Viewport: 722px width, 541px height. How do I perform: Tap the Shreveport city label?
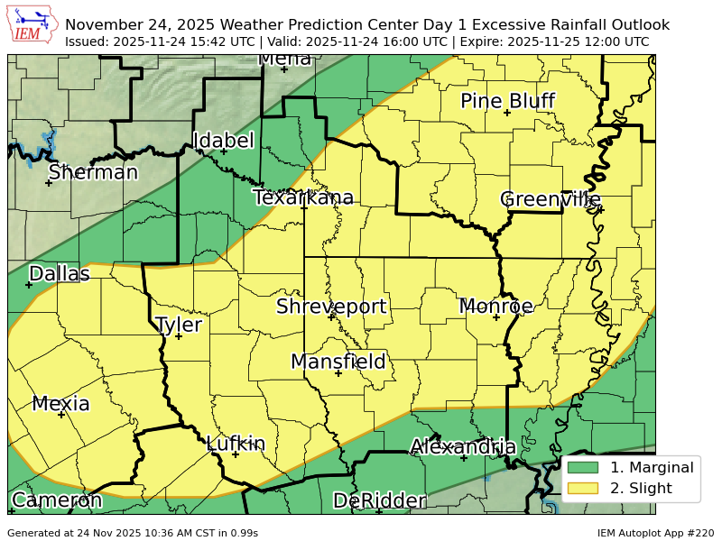pos(331,307)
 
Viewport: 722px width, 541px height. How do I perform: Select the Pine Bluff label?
pos(507,101)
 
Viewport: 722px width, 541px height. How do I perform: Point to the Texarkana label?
pos(303,197)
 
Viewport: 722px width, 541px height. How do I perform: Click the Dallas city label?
pos(60,274)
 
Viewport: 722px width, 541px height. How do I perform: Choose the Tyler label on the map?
pos(179,325)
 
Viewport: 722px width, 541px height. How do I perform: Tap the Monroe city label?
pos(496,307)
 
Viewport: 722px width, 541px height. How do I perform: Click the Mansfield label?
pos(338,362)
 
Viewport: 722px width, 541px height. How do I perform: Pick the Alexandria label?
pos(463,447)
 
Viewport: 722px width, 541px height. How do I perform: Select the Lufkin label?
pos(236,444)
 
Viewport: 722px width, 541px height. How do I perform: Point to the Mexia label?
pos(61,404)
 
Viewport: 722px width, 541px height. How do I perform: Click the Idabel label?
pos(223,141)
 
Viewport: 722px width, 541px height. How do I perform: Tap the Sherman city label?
pos(93,172)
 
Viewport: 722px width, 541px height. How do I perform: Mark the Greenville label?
pos(551,199)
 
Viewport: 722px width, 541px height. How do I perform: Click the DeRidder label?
pos(379,501)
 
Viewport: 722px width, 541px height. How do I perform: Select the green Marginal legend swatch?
pos(583,468)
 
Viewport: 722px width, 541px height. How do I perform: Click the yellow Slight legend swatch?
pos(583,489)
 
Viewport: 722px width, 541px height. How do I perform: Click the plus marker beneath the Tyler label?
pos(179,336)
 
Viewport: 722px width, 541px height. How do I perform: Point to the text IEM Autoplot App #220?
pos(655,533)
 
